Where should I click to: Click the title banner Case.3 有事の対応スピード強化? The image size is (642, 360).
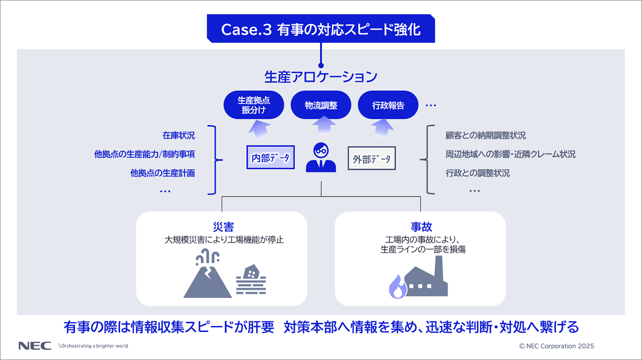click(321, 29)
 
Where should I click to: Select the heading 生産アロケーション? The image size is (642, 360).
click(321, 77)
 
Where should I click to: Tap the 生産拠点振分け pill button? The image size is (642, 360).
click(254, 105)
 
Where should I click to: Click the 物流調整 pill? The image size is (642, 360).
click(321, 105)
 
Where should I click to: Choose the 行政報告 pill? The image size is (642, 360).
click(388, 105)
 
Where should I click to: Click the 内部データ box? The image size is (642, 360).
click(270, 158)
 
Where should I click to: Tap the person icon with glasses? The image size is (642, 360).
click(321, 157)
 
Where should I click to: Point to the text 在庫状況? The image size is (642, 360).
click(179, 135)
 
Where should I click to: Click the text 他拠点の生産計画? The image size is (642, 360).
click(163, 173)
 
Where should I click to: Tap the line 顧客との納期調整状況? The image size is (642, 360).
click(486, 135)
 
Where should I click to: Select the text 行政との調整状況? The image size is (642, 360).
click(477, 173)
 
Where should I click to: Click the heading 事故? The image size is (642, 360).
click(421, 227)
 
